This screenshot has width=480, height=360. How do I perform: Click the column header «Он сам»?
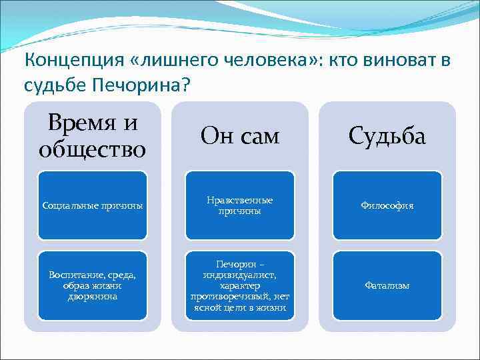(240, 137)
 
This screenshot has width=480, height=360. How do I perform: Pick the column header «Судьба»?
(387, 137)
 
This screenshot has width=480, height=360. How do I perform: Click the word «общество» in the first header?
(92, 148)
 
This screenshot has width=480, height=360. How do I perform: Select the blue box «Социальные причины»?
(92, 206)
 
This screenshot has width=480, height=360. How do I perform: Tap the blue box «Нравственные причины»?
(240, 205)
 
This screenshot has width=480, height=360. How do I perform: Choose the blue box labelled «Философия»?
(387, 206)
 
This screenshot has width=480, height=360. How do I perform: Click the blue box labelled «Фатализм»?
(387, 285)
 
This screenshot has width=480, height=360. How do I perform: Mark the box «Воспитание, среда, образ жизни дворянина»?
(92, 285)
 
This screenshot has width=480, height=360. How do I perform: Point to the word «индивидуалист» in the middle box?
(239, 274)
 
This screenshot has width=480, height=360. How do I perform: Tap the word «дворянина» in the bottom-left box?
(92, 296)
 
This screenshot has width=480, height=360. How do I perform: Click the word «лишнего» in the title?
(173, 61)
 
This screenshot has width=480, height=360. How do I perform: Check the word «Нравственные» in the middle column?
(240, 200)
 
